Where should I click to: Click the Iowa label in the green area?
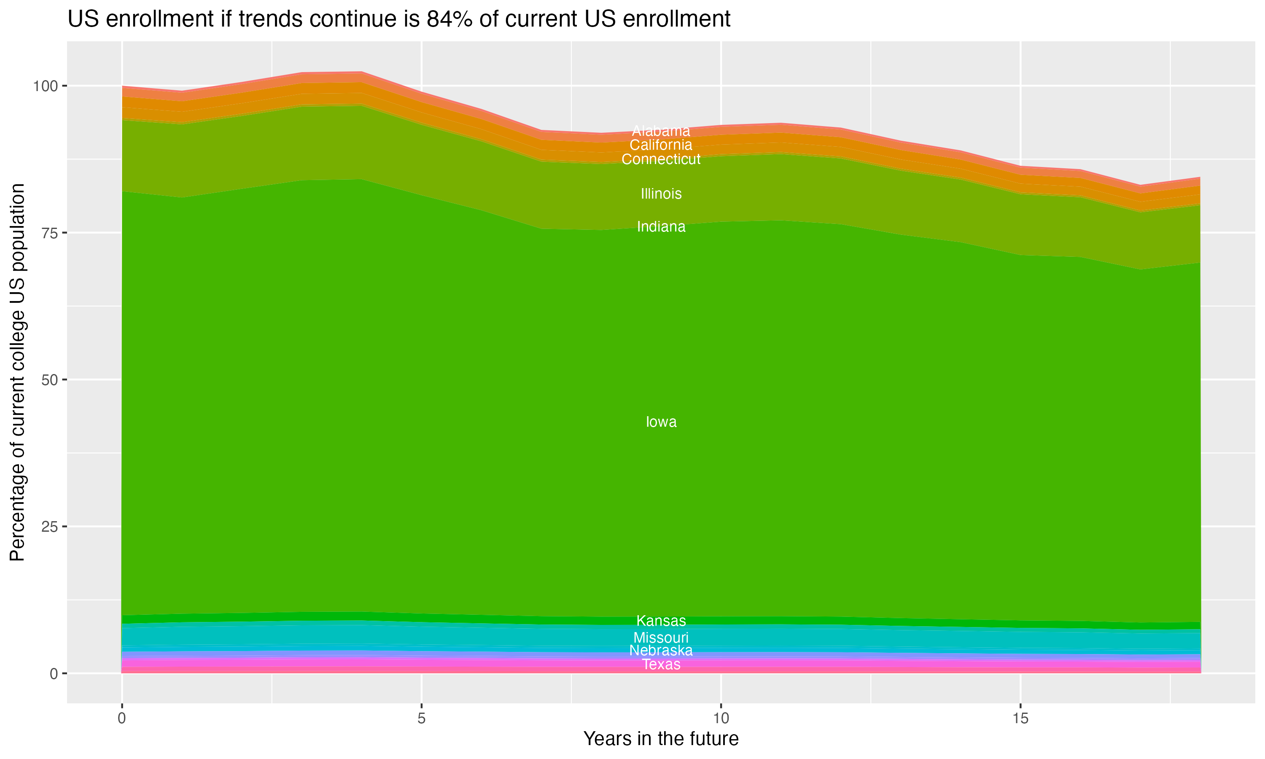(x=661, y=422)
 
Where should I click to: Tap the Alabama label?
(x=661, y=131)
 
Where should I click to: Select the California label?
(x=661, y=145)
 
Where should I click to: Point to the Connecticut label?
(x=661, y=159)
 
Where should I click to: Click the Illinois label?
(x=661, y=194)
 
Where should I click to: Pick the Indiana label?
(x=661, y=226)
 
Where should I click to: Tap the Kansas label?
(x=661, y=621)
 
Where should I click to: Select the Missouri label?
(x=661, y=638)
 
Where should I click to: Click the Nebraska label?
(x=661, y=651)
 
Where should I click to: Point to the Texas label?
(x=661, y=665)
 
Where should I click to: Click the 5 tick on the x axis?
(x=421, y=719)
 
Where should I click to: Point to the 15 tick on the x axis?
(x=1020, y=719)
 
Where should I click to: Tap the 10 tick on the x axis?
(x=721, y=719)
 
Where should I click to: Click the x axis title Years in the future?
(x=661, y=739)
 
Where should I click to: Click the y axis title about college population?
(x=18, y=372)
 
